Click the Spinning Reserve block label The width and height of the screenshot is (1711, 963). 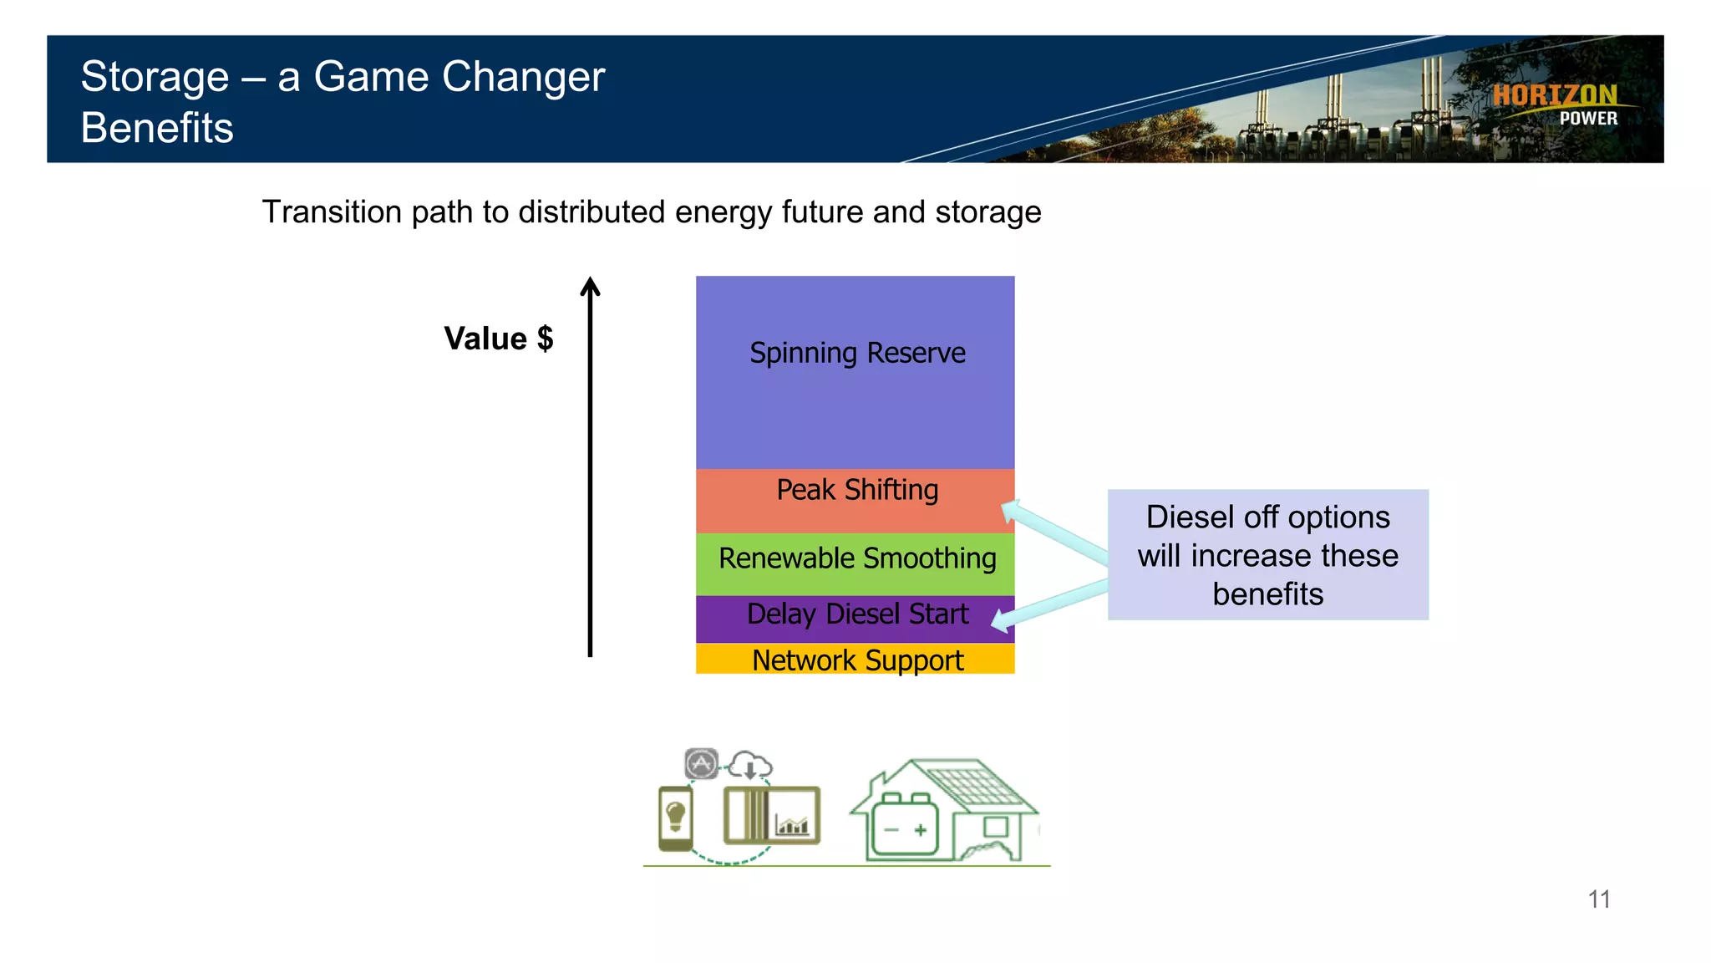[x=857, y=353]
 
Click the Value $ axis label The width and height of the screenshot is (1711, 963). [x=498, y=339]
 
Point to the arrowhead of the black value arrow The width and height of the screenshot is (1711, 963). [x=591, y=286]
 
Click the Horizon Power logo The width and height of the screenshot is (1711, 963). [x=1556, y=104]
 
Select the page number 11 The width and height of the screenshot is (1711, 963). [x=1598, y=899]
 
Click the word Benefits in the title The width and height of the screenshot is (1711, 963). [x=157, y=128]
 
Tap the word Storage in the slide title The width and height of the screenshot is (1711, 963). [x=155, y=77]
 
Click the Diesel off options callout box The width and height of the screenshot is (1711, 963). [x=1267, y=554]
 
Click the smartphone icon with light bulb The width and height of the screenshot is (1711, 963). [x=675, y=817]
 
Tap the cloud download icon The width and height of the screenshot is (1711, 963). [x=750, y=765]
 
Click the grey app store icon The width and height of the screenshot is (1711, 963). [x=702, y=763]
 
